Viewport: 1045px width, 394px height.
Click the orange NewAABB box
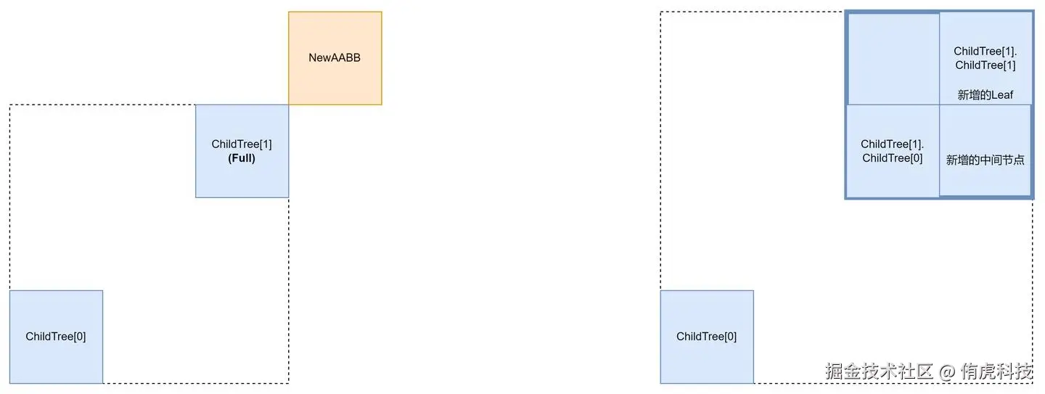point(335,80)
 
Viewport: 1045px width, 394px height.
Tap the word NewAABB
point(335,57)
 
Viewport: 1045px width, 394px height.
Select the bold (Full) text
point(242,158)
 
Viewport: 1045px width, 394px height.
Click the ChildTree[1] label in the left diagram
point(242,144)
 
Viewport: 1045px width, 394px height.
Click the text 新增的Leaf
point(985,95)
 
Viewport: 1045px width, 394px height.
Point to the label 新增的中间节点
point(985,160)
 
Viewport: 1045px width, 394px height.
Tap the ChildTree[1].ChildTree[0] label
point(892,151)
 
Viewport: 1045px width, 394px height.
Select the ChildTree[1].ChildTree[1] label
point(985,58)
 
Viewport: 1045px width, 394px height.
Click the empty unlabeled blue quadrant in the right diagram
point(893,58)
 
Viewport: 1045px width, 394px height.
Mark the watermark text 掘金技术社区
point(879,372)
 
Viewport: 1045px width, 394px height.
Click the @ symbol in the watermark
point(946,372)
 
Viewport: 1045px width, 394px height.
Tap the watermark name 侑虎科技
point(996,372)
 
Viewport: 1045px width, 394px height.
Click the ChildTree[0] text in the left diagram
point(56,337)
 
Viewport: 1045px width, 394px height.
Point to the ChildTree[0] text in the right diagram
point(707,337)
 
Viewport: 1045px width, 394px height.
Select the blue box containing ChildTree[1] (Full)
point(242,181)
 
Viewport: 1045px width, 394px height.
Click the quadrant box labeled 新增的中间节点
point(985,181)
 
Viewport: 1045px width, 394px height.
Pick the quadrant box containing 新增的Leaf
point(985,29)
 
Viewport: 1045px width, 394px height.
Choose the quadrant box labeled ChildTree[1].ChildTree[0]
point(892,181)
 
